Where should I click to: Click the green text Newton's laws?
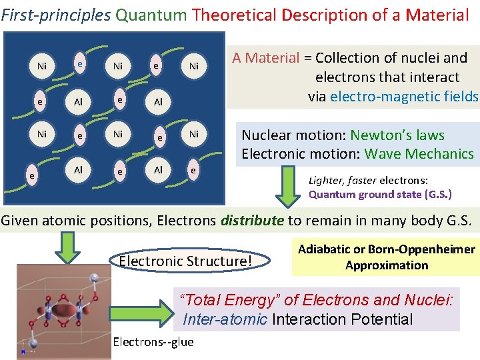click(397, 135)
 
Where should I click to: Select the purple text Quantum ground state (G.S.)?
click(380, 195)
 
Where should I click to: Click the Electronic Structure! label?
click(186, 260)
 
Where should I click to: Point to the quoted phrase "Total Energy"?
click(220, 301)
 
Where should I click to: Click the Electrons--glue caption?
click(153, 342)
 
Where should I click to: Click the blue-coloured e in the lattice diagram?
click(79, 64)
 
